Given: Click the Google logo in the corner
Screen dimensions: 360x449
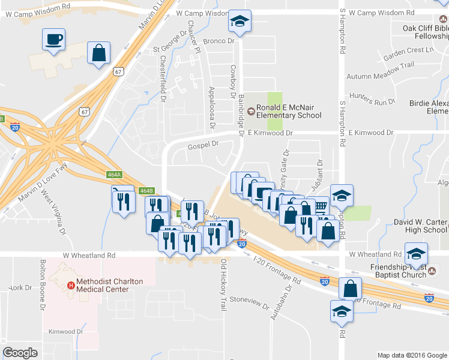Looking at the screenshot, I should pos(20,353).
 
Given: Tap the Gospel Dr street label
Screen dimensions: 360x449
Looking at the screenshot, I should pos(202,144).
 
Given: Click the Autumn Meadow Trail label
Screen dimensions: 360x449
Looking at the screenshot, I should pos(380,76).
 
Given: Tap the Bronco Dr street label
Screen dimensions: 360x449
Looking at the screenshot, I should pos(217,41).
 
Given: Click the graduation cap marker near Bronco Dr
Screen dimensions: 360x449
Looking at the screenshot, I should pos(239,22).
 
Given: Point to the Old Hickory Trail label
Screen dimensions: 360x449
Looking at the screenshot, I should pos(223,286).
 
